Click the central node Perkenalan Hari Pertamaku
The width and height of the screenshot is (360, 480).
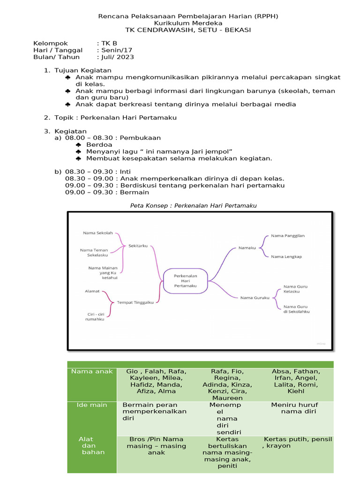[185, 280]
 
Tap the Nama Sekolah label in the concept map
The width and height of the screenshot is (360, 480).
[98, 232]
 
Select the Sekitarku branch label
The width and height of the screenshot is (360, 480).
[138, 245]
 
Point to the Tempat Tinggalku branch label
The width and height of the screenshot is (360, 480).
[135, 302]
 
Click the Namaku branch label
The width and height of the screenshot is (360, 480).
[247, 247]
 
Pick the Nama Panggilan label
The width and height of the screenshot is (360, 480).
[288, 236]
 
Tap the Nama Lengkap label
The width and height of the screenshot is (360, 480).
[286, 256]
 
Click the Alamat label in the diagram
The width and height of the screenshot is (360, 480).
[92, 291]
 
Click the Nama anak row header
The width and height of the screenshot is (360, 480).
[92, 371]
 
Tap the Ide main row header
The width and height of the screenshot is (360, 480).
[92, 405]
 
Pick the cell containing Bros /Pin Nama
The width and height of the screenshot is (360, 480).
[156, 446]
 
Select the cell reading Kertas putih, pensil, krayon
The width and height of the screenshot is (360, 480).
[298, 442]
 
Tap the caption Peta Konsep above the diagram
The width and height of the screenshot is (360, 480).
[193, 205]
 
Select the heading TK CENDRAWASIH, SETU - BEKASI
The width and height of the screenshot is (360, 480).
[188, 30]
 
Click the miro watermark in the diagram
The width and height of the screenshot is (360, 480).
[321, 343]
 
